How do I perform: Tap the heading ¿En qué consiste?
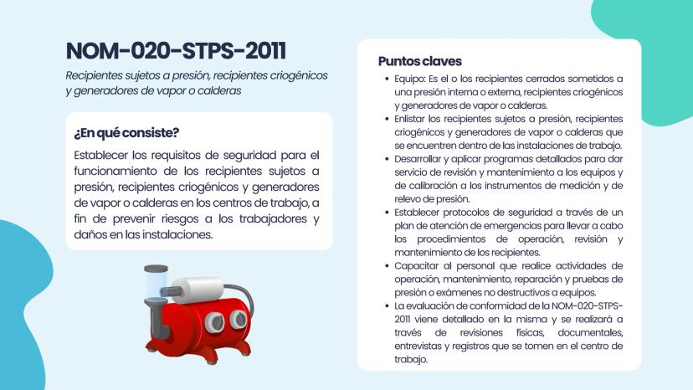coord(126,133)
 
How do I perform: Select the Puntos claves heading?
coord(419,61)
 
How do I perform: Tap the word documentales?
coord(589,332)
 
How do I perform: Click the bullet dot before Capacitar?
coord(387,265)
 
